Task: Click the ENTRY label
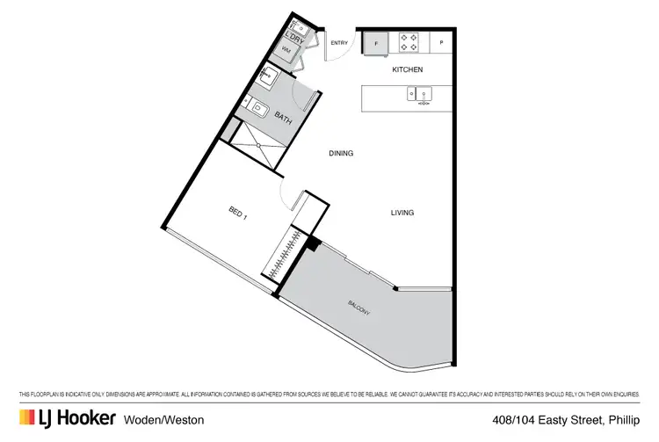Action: click(x=339, y=43)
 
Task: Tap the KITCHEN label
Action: click(x=408, y=69)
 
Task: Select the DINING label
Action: click(x=341, y=154)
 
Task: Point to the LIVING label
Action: click(x=402, y=213)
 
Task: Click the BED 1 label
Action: click(x=238, y=213)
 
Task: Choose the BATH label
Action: click(x=283, y=117)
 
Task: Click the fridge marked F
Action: click(x=376, y=41)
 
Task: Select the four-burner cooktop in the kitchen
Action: click(x=409, y=40)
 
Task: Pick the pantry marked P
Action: click(x=441, y=41)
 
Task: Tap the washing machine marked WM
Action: click(x=286, y=51)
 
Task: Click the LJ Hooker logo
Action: click(x=67, y=419)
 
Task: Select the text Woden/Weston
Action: click(x=164, y=420)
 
